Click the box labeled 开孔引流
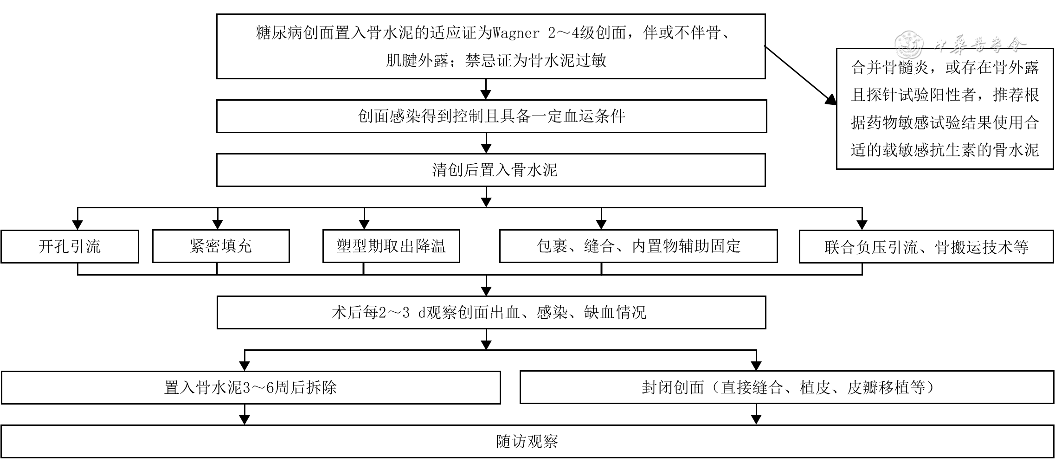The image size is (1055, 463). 70,246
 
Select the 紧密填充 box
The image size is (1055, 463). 221,246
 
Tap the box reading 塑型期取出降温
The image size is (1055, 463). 391,246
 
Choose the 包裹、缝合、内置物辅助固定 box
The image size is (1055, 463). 638,246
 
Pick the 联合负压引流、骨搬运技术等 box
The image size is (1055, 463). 926,246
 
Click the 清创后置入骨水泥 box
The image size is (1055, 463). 491,170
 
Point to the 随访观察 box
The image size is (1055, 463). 527,441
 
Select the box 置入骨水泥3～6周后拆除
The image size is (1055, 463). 251,387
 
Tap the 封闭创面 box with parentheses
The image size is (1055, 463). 787,387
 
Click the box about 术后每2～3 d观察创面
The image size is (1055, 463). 491,313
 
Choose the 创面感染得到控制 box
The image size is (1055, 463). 491,116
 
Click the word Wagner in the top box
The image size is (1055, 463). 516,33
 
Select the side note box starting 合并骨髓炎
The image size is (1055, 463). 945,109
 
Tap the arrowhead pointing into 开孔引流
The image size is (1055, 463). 77,225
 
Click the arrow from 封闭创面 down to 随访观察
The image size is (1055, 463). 756,414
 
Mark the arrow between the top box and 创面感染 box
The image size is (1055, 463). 486,89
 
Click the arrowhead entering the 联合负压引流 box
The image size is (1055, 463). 862,225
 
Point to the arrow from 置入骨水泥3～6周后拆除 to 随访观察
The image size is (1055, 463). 244,414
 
